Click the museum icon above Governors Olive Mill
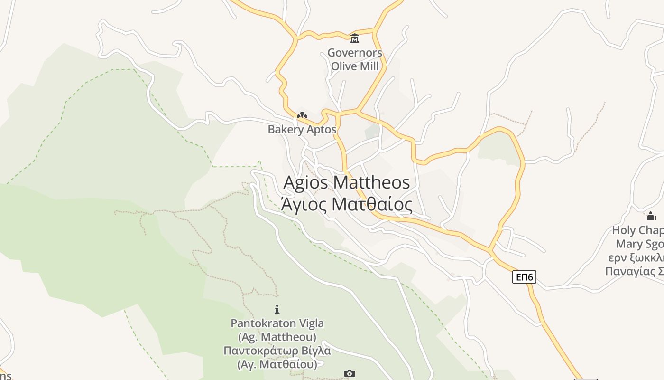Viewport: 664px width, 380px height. tap(355, 38)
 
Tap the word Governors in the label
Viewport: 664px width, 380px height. tap(355, 53)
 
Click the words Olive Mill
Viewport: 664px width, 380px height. tap(355, 66)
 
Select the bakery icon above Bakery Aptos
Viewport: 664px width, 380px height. tap(302, 115)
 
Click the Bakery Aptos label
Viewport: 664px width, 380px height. tap(302, 129)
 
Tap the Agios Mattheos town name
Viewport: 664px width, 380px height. tap(347, 182)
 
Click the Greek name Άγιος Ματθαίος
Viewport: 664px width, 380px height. tap(347, 204)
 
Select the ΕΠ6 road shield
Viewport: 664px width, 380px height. tap(524, 277)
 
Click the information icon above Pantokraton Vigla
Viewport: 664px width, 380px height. tap(277, 310)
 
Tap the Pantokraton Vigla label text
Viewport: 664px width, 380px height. tap(277, 323)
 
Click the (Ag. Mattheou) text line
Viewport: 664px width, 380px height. tap(277, 337)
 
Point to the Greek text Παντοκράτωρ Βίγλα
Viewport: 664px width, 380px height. tap(277, 351)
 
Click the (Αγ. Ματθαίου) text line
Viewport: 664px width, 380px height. tap(277, 365)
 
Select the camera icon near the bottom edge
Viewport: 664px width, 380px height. tap(350, 374)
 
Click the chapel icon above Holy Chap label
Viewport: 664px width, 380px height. tap(651, 216)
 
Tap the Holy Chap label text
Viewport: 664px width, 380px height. tap(638, 230)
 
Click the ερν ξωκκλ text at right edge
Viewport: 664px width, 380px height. tap(636, 258)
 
